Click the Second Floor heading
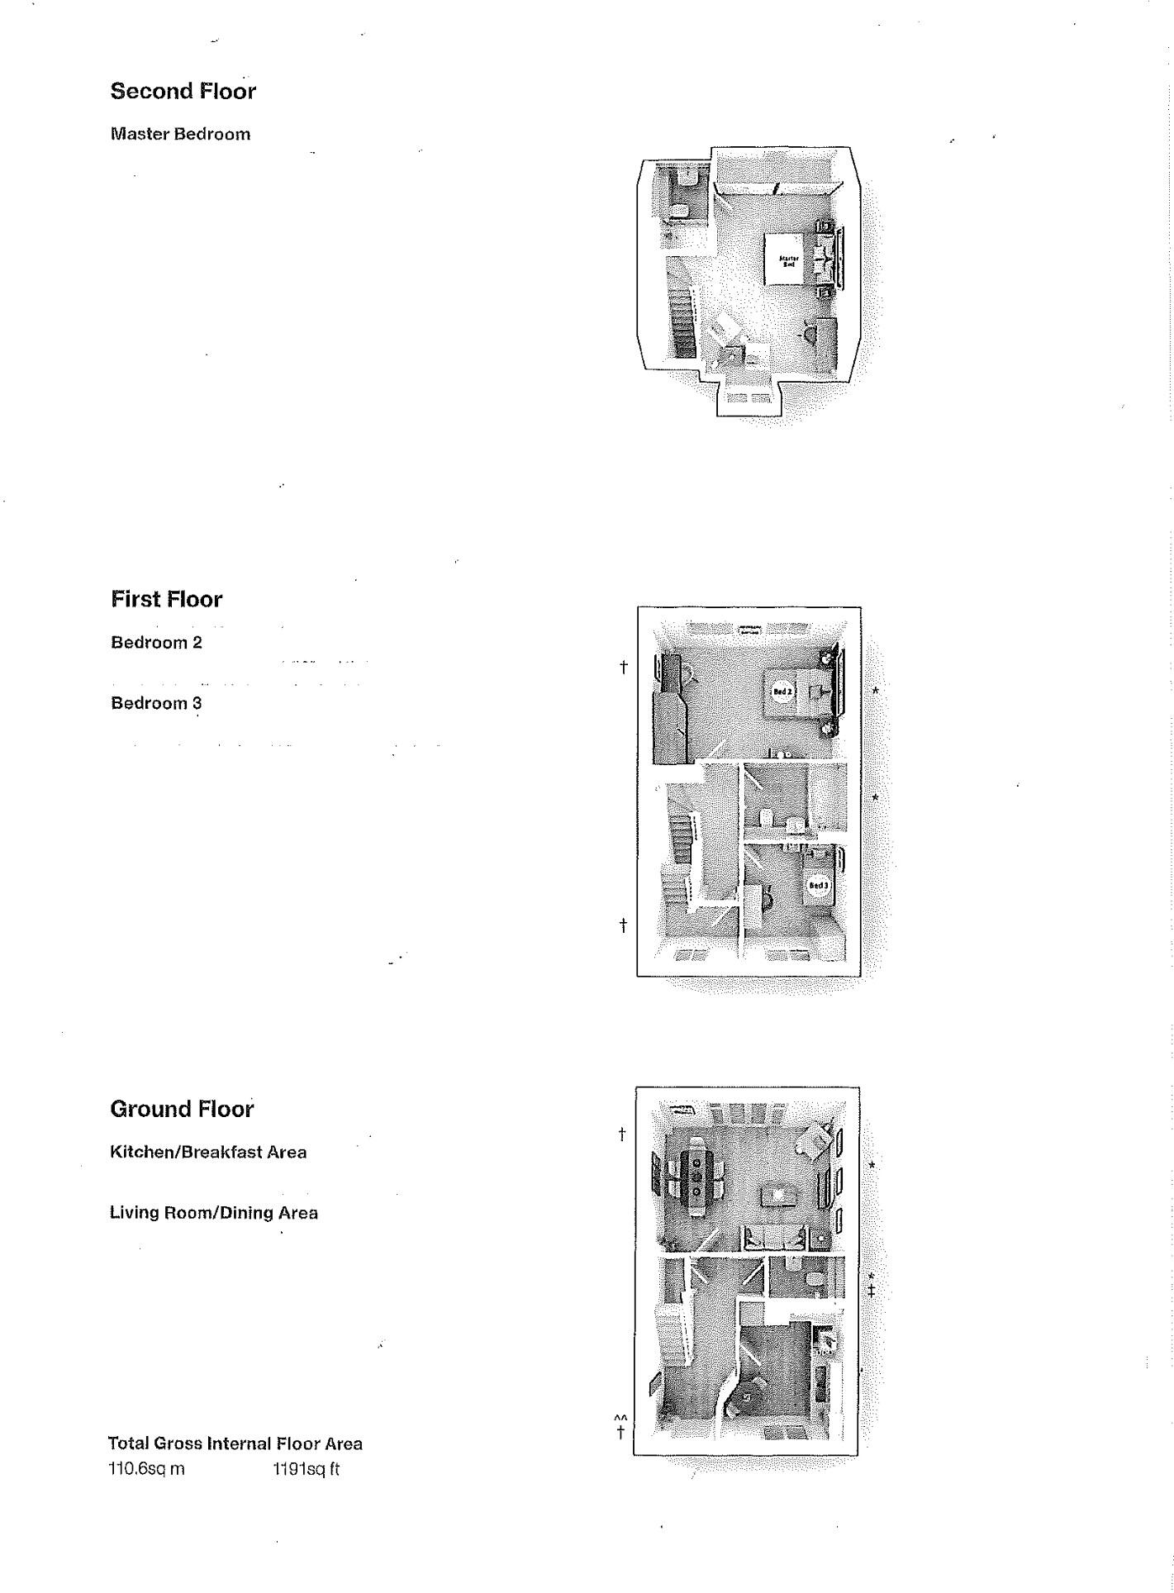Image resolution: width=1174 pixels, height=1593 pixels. (x=183, y=91)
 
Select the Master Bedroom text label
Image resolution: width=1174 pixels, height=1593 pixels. (x=180, y=134)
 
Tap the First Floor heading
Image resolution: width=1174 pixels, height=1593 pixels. (x=167, y=599)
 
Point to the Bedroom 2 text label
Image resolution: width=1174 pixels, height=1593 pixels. (x=156, y=642)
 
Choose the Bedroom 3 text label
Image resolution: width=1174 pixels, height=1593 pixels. (x=156, y=703)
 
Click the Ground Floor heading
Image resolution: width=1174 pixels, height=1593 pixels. (x=182, y=1109)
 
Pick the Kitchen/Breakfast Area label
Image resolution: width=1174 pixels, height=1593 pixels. (x=208, y=1152)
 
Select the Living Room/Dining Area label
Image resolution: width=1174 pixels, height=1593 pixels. (x=214, y=1213)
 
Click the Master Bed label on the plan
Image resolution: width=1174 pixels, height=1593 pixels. (x=788, y=262)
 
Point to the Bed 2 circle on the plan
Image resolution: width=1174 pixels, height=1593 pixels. (x=782, y=692)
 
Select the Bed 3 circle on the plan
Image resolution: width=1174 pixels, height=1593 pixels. (x=818, y=887)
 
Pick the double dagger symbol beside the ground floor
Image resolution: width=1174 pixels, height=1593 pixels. (x=871, y=1291)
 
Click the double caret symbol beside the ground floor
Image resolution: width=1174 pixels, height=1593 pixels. (x=620, y=1419)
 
